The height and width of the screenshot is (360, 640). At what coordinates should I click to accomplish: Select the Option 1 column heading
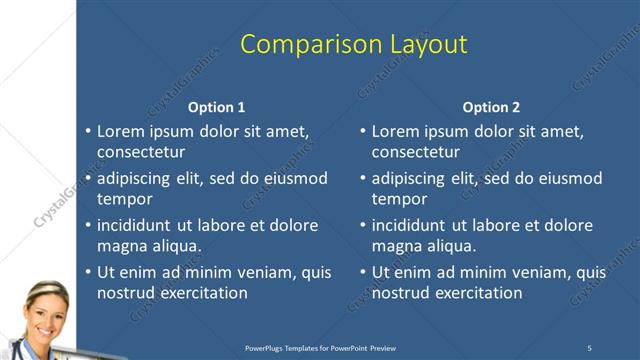[216, 107]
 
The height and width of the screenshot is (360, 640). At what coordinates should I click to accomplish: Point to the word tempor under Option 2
[400, 198]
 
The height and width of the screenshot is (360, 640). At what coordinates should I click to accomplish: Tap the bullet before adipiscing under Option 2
[362, 178]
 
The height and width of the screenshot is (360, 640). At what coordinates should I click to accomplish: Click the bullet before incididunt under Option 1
[87, 225]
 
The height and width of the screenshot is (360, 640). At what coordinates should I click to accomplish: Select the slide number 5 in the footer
[590, 347]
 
